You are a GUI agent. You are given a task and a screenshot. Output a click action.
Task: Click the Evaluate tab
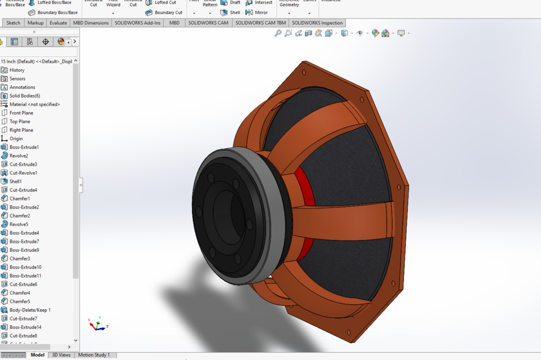coord(58,23)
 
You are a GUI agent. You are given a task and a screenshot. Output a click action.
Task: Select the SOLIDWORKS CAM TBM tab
coord(260,23)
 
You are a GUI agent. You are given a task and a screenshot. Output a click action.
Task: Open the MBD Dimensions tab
coord(90,23)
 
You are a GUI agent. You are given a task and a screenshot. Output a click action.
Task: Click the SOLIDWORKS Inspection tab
coord(317,23)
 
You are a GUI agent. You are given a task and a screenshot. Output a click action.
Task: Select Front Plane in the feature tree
coord(21,113)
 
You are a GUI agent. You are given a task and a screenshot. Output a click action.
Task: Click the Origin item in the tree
coord(16,139)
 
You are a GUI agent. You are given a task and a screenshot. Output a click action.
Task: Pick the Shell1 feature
coord(15,181)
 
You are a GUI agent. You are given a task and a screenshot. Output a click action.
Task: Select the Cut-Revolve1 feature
coord(23,173)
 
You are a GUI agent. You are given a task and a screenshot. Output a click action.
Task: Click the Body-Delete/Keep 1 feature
coord(30,310)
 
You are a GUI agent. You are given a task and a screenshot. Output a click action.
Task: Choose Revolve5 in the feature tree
coord(19,224)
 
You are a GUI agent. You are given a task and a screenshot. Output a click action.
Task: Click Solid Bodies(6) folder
coord(24,96)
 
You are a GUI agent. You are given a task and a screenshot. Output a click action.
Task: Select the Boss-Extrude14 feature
coord(25,327)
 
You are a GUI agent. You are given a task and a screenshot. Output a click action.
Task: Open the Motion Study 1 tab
coord(94,355)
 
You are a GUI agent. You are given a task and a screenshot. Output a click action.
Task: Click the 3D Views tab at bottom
coord(61,355)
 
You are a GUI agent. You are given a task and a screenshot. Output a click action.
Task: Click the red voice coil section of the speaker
coord(305,186)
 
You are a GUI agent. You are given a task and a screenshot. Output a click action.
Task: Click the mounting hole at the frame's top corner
coord(304,72)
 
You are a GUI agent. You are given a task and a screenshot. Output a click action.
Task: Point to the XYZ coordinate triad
coord(96,325)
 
